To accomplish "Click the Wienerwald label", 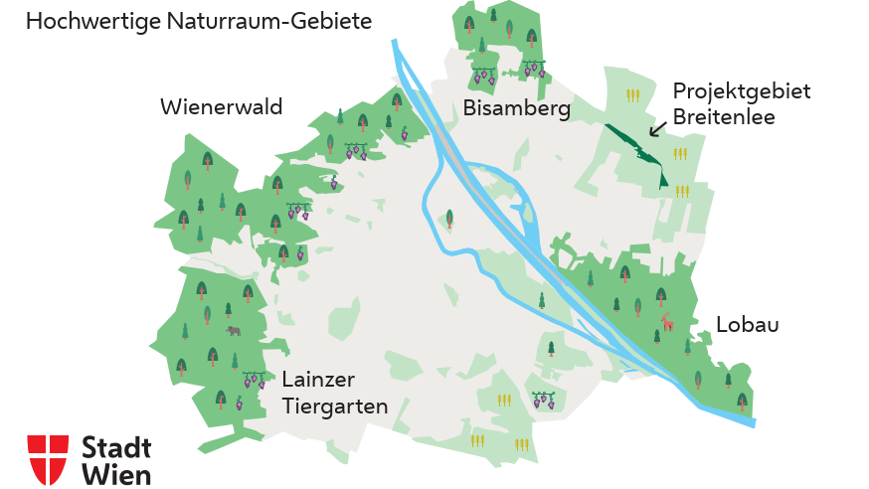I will [x=221, y=107].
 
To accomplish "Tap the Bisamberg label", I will [x=516, y=109].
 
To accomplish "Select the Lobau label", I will [x=747, y=325].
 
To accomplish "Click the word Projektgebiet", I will [x=741, y=91].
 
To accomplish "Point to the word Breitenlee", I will [x=723, y=117].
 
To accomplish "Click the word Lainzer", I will [x=318, y=380].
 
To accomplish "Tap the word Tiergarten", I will [x=334, y=406].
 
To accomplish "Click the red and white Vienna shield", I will [x=48, y=459].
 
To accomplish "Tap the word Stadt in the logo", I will [x=116, y=447].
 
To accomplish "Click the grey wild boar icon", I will [x=234, y=331].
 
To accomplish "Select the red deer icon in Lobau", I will [x=668, y=322].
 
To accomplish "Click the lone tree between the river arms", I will [x=450, y=218].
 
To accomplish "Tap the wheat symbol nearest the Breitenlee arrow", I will [x=681, y=154].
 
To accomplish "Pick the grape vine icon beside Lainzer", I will [x=255, y=380].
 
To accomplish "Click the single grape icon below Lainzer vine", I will [x=239, y=403].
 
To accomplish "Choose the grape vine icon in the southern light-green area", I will [x=543, y=401].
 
